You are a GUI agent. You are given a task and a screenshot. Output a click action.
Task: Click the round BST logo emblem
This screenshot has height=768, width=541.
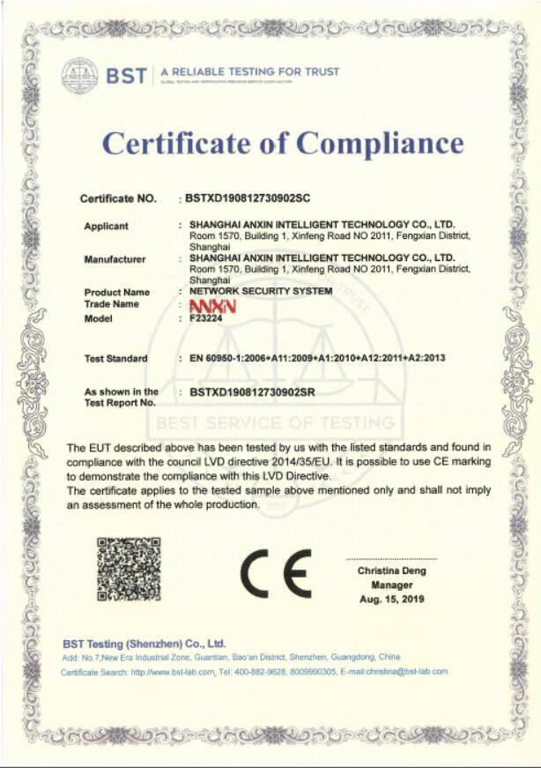click(x=79, y=76)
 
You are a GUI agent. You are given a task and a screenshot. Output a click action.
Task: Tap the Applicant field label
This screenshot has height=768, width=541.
click(x=106, y=227)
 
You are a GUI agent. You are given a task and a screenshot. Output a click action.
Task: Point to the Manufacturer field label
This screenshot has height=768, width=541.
click(x=115, y=259)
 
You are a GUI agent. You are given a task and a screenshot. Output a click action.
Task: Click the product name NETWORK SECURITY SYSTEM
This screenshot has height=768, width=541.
click(x=256, y=291)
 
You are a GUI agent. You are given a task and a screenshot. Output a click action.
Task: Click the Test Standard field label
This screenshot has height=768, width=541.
click(x=115, y=359)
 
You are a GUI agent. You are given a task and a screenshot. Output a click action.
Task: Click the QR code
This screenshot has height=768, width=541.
click(x=129, y=569)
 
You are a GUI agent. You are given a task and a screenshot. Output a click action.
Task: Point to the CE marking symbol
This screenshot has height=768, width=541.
click(x=278, y=574)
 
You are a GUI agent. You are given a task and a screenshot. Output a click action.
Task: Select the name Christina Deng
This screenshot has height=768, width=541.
click(x=392, y=570)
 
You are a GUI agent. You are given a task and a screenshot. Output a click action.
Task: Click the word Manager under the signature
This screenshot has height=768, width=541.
click(x=392, y=585)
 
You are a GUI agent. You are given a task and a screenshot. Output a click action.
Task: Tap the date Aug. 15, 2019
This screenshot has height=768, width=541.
click(x=392, y=599)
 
